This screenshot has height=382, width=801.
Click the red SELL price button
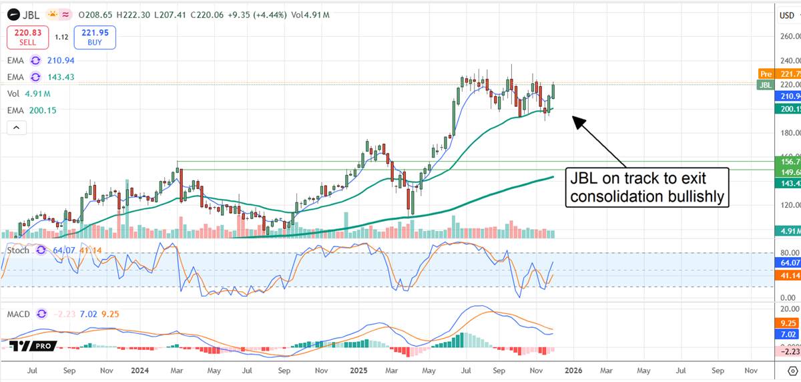tap(27, 37)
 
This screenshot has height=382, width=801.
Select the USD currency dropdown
tap(787, 15)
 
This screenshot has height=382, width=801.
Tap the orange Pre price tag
tap(779, 73)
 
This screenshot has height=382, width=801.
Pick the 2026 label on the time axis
tap(570, 369)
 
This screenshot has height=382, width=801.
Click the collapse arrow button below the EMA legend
tap(17, 128)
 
